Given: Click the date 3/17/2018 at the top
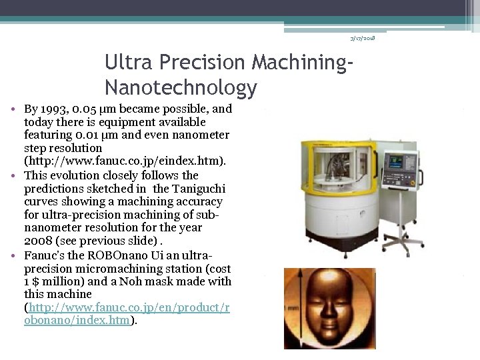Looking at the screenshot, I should pyautogui.click(x=363, y=38).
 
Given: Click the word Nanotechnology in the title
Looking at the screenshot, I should pyautogui.click(x=181, y=87).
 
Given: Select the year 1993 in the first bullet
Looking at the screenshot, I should pyautogui.click(x=54, y=109).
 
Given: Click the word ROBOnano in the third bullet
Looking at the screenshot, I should pyautogui.click(x=98, y=254).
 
